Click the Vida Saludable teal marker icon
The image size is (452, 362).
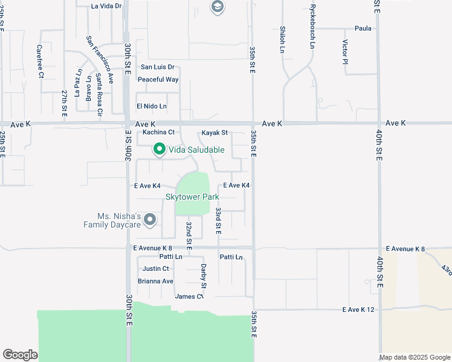tap(160, 148)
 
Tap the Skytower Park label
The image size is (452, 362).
tap(192, 197)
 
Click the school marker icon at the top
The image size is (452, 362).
tap(217, 7)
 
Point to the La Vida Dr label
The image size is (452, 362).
tap(106, 6)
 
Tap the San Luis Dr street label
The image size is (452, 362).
tap(158, 67)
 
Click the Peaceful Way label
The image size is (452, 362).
tap(158, 80)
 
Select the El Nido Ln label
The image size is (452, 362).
tap(151, 106)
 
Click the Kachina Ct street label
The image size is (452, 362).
tap(158, 132)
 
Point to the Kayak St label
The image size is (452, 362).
tap(215, 133)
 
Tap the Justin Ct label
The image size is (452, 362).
tap(155, 269)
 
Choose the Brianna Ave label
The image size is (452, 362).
tap(155, 281)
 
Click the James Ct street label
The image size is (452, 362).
tap(189, 296)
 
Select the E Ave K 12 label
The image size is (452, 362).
tap(359, 310)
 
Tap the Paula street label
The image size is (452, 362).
tap(363, 28)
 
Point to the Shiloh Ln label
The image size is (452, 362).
tap(282, 39)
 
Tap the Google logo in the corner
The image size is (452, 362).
tap(20, 355)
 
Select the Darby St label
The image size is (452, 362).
tap(204, 276)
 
